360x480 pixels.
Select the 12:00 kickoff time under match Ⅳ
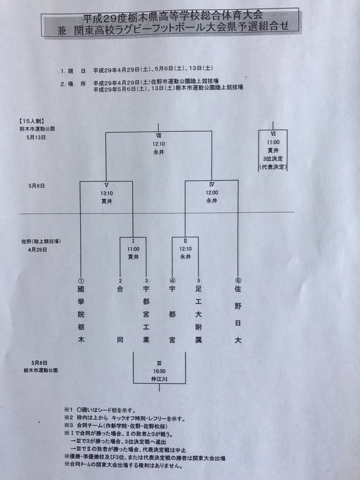pos(212,192)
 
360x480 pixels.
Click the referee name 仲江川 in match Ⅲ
pos(160,378)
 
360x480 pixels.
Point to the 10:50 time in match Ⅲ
pos(160,371)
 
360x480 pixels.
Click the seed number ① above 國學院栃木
pos(81,280)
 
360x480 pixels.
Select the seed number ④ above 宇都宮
pos(172,280)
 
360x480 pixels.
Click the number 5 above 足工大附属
pos(198,280)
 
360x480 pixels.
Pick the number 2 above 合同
pos(120,280)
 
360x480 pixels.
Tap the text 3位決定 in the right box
pos(273,160)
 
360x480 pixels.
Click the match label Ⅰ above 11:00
pos(133,242)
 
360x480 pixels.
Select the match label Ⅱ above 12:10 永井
pos(185,242)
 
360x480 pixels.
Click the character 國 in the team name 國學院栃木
pos(81,289)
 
